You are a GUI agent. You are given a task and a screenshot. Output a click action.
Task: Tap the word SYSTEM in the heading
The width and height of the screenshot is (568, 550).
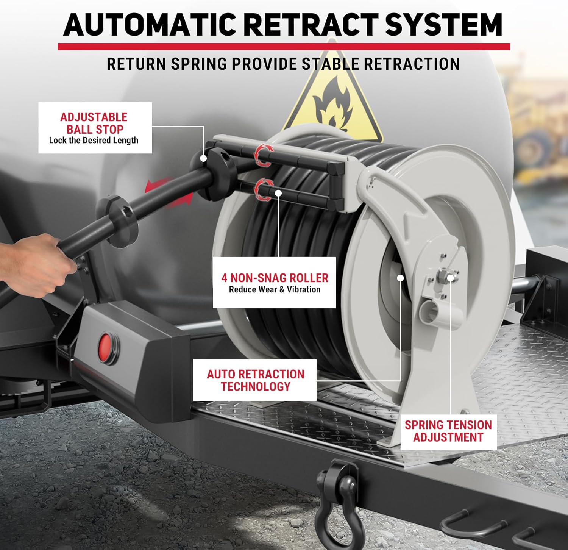tap(444, 25)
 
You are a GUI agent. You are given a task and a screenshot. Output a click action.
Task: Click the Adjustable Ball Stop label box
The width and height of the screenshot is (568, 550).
tap(95, 128)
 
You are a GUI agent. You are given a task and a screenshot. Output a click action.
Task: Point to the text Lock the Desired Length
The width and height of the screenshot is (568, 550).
tap(94, 141)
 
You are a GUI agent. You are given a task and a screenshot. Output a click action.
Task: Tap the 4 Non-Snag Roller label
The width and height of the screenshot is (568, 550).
tap(275, 283)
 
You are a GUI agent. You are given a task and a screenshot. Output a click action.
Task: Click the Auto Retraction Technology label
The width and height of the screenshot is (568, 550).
tap(255, 380)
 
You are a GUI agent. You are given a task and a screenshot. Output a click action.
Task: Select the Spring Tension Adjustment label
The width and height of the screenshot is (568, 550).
tap(448, 431)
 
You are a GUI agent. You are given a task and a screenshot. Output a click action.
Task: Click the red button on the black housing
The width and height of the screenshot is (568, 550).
tap(105, 346)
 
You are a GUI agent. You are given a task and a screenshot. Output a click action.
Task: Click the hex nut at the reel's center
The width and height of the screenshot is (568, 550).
tap(442, 275)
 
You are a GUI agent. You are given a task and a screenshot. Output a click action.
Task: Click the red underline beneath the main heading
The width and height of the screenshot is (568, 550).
tap(284, 47)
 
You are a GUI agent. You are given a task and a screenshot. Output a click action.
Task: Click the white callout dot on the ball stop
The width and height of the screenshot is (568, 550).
tap(204, 158)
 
